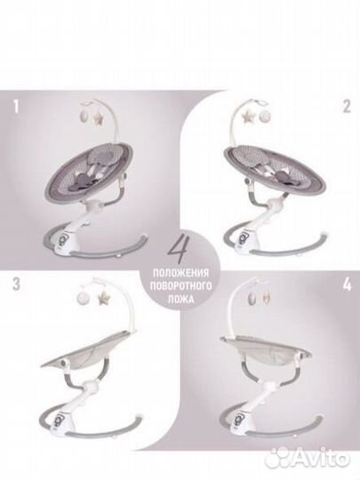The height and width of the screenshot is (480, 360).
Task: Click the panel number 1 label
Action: [16, 107]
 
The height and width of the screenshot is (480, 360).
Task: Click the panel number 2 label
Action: [347, 107]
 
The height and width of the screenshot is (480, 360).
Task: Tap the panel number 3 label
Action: [16, 284]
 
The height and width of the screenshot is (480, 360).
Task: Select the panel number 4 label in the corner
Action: [348, 284]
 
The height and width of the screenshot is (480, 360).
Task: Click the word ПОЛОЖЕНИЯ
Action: [180, 273]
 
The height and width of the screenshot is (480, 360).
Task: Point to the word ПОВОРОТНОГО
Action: [180, 286]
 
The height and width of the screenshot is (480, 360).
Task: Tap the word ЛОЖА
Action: [180, 299]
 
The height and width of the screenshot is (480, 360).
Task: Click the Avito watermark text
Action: [324, 460]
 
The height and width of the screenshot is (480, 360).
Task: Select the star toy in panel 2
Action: [247, 117]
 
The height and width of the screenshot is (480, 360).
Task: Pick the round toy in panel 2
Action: [266, 116]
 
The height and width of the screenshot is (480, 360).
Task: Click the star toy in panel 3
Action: [104, 297]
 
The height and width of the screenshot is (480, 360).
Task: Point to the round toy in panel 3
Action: [84, 296]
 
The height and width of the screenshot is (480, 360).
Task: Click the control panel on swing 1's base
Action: [60, 236]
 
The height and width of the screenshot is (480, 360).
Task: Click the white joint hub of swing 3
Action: [92, 387]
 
